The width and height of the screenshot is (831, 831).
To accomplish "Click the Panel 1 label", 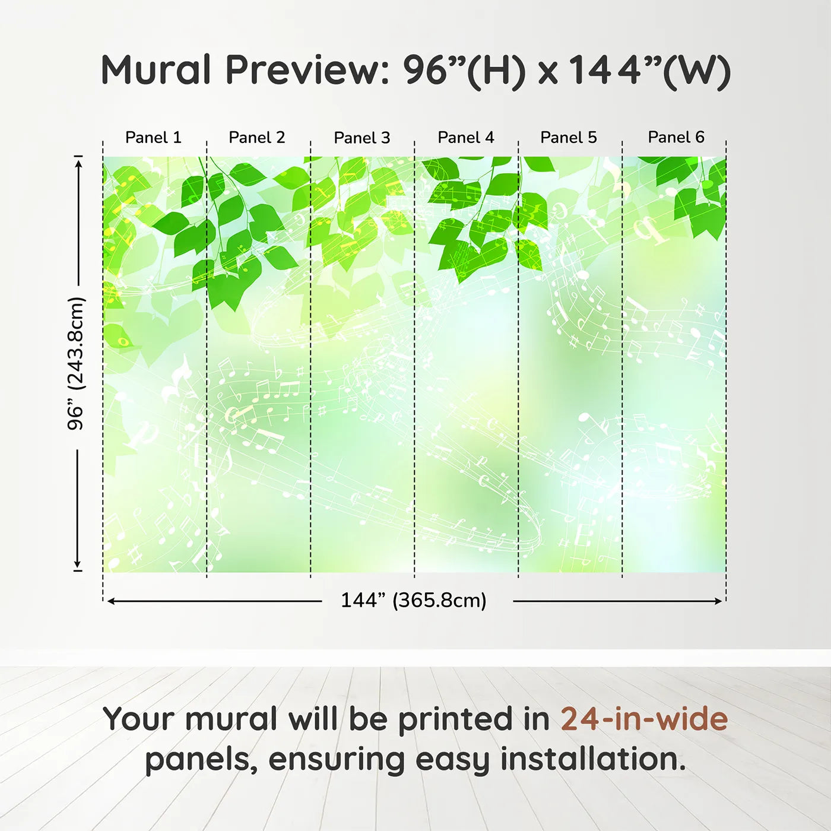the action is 153,138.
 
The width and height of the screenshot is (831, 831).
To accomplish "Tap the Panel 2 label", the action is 257,138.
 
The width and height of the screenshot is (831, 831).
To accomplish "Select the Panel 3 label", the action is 362,138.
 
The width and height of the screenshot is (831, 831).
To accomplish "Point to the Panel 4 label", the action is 466,138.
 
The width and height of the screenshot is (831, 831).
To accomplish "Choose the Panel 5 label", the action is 569,138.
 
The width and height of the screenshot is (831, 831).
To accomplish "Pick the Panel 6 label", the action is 676,137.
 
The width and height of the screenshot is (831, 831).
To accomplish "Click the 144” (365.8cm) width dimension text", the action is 414,600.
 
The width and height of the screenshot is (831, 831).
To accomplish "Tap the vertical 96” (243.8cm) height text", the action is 76,363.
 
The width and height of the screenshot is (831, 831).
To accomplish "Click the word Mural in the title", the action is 156,70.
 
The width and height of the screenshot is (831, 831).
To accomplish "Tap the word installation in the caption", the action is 593,759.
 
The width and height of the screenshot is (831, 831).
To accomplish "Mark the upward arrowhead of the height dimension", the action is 78,164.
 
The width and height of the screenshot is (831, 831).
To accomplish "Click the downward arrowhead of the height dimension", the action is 78,564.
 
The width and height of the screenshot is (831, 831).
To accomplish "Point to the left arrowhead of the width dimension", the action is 111,601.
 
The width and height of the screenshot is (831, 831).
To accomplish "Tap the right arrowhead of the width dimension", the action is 718,601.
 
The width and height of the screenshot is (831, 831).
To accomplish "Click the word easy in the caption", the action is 452,762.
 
